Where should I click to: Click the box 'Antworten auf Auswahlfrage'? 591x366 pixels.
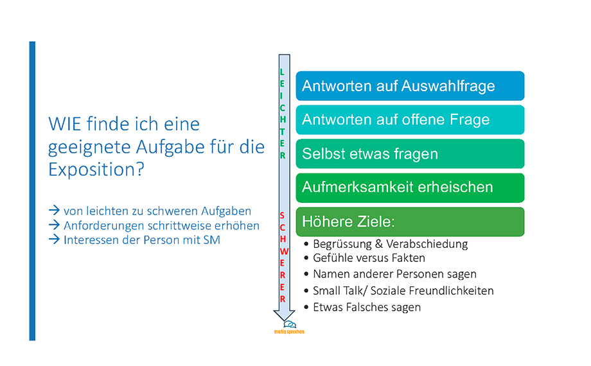coord(410,85)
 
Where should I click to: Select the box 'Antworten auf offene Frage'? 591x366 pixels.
coord(410,119)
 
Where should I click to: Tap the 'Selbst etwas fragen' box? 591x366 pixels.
coord(410,153)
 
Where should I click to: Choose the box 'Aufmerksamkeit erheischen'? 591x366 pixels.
coord(410,187)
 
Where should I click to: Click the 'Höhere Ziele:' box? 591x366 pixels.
coord(410,222)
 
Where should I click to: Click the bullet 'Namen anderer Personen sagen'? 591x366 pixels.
coord(394,274)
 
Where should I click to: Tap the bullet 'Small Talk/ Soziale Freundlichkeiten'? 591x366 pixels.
coord(403,291)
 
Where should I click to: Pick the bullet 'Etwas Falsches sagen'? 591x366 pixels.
coord(366,307)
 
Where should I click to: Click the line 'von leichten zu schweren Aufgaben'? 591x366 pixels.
coord(157,210)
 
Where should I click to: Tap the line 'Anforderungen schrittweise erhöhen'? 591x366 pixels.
coord(161,225)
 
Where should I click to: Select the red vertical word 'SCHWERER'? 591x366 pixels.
coord(283,257)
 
